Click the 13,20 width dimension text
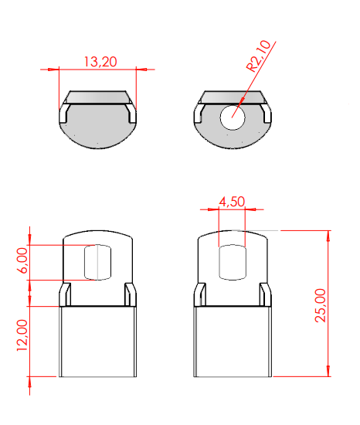click(x=100, y=62)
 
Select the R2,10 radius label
click(x=258, y=56)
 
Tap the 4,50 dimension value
click(x=232, y=202)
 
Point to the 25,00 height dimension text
click(x=320, y=305)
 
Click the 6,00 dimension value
click(x=22, y=260)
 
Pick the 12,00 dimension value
click(x=22, y=335)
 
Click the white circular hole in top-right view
click(x=233, y=117)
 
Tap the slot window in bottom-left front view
click(x=98, y=262)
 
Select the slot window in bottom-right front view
click(x=233, y=262)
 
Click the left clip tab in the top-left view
click(x=64, y=114)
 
